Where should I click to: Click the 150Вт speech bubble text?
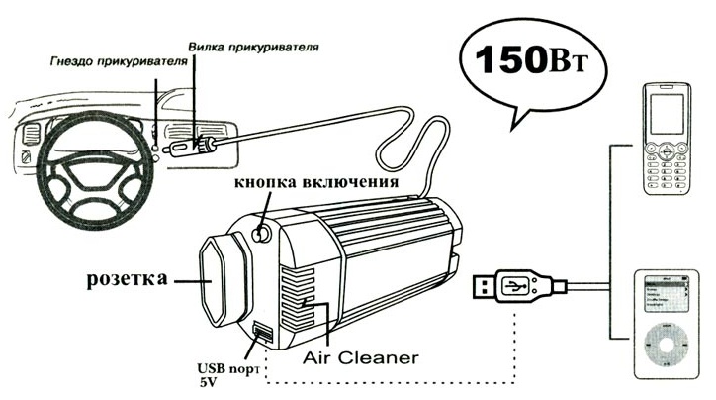tap(531, 61)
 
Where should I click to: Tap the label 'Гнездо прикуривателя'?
tap(103, 60)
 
